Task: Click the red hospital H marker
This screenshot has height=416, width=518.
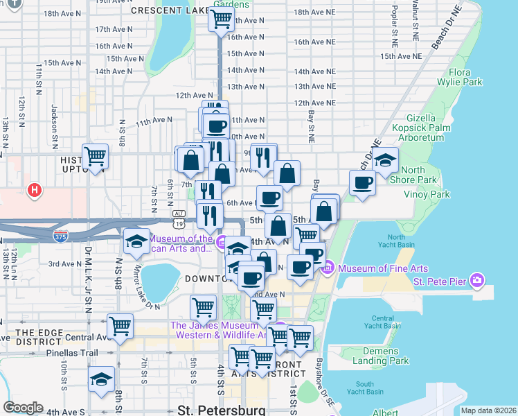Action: [x=33, y=189]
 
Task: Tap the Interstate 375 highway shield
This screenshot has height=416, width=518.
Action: [x=60, y=236]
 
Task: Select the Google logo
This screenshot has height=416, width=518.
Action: [x=23, y=408]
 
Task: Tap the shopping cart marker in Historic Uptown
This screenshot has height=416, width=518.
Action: [x=96, y=157]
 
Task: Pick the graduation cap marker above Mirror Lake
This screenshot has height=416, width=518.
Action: [x=137, y=241]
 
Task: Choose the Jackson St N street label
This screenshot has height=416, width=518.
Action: [x=54, y=125]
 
